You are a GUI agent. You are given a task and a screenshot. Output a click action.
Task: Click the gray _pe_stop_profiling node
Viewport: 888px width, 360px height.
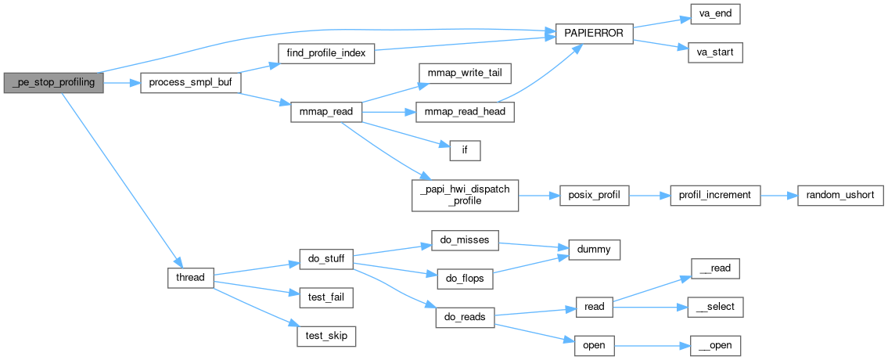pos(54,82)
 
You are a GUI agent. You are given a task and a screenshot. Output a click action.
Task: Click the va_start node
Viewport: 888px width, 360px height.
pos(715,53)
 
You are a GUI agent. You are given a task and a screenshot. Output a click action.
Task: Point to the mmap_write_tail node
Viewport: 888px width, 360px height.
pos(465,73)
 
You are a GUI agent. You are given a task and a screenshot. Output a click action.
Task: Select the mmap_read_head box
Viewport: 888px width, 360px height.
pos(465,112)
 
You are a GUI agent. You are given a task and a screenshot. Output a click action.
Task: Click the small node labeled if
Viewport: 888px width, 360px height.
pos(463,149)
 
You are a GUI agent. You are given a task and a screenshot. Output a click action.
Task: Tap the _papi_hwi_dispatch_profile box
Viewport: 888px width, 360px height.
pos(465,193)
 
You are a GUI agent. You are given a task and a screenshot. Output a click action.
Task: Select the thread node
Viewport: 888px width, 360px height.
pos(191,277)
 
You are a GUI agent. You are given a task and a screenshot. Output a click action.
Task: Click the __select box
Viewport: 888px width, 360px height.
pos(715,307)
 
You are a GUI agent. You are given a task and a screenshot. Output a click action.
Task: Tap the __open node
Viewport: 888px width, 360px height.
pos(715,345)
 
